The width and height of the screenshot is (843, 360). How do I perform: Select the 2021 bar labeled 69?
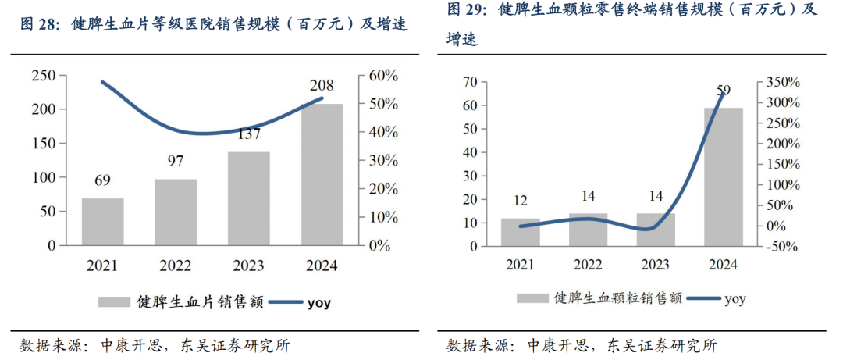(102, 222)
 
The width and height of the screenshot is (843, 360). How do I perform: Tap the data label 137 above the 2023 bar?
(248, 134)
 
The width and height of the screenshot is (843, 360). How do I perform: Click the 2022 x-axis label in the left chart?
(175, 266)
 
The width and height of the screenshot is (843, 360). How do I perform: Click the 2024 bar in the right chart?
(724, 176)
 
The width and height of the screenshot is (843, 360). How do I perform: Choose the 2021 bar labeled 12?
(521, 232)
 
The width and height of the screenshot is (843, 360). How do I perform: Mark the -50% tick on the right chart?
(781, 246)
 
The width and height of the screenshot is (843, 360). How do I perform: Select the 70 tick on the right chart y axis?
(470, 82)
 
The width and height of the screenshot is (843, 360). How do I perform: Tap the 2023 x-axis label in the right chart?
(656, 266)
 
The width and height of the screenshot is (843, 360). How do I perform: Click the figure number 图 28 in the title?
(40, 24)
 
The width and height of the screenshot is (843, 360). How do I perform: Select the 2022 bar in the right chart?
(588, 230)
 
